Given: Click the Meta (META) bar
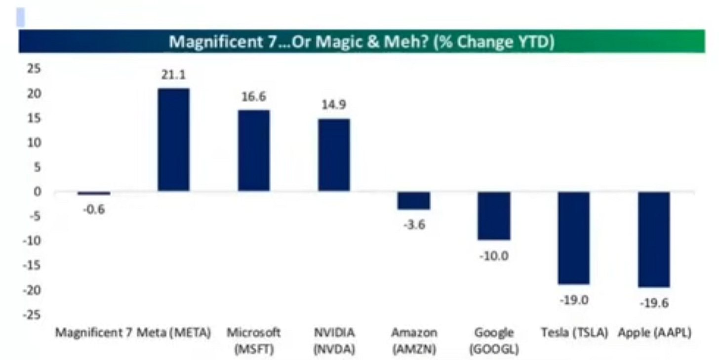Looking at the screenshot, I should pos(173,140).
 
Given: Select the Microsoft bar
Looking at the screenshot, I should pos(254,151).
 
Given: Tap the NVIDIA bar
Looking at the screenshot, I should pos(334,155).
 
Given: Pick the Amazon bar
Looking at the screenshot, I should pos(414,200).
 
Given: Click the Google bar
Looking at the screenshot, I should pos(494,216).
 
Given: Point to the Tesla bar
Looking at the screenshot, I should pos(574,238).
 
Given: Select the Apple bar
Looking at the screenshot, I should pos(654,240).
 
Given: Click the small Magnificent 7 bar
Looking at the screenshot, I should pos(94,194).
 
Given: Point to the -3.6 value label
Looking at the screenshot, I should pos(414,225).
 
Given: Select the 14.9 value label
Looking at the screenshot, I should pos(334,105).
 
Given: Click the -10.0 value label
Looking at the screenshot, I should pos(494,256).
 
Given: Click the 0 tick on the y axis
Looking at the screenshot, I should pos(38,192).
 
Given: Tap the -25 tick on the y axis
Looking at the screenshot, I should pos(33,315).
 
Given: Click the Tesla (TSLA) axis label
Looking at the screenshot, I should pos(574,333).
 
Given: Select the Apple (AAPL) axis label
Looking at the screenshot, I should pos(655,333).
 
